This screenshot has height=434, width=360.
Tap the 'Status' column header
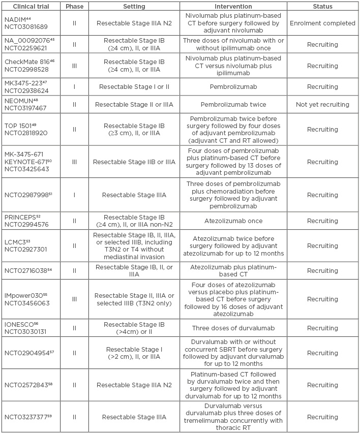[x=322, y=7]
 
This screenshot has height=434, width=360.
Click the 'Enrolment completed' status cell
[x=322, y=23]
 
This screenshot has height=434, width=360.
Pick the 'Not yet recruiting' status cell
[x=322, y=105]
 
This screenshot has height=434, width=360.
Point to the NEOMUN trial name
[x=19, y=101]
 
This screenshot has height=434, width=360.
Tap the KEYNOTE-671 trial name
[x=25, y=162]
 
